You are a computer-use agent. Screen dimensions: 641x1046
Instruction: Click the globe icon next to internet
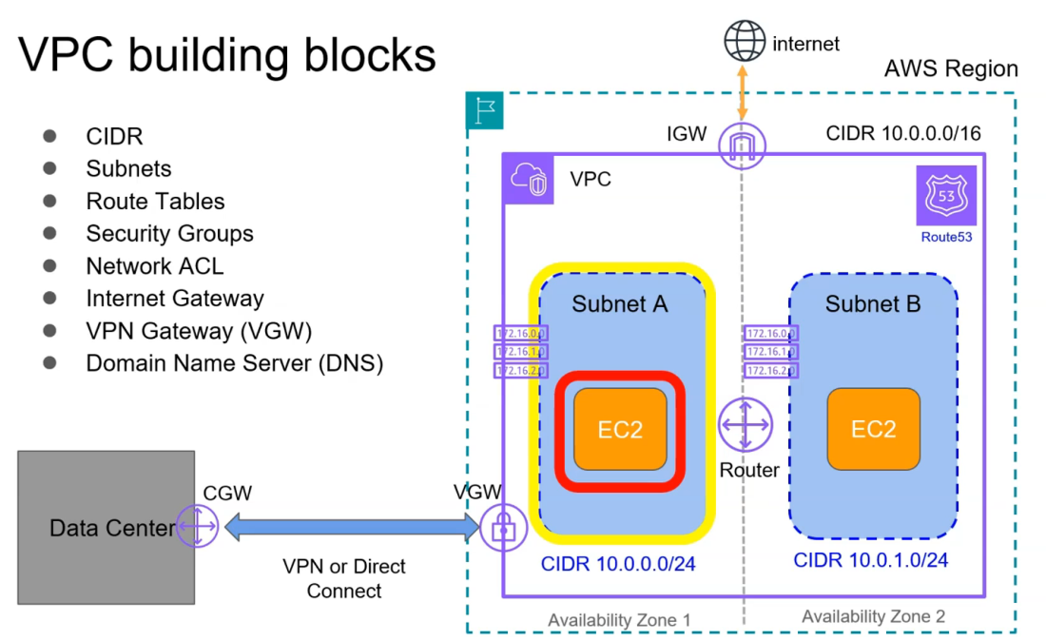click(x=745, y=42)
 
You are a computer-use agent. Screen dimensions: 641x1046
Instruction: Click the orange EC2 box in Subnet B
click(x=873, y=429)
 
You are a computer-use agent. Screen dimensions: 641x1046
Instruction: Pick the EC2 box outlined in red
click(x=620, y=430)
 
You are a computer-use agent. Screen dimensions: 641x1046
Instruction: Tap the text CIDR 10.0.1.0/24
click(x=870, y=559)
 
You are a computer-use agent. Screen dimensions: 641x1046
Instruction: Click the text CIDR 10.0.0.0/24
click(x=618, y=564)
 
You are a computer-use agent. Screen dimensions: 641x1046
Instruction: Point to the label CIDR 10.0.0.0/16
click(x=902, y=133)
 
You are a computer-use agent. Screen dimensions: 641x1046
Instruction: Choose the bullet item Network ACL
click(x=154, y=266)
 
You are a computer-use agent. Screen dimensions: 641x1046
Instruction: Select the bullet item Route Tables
click(x=155, y=202)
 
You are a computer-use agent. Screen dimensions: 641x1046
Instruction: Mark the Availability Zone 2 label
click(x=873, y=616)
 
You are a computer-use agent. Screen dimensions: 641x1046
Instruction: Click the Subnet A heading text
click(x=619, y=304)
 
